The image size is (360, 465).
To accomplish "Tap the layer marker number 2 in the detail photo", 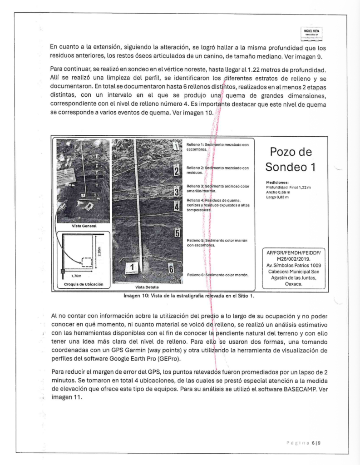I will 175,171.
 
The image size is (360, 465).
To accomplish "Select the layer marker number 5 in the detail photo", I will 177,233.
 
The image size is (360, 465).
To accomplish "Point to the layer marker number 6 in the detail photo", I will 172,268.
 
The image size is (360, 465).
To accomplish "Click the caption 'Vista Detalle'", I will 147,287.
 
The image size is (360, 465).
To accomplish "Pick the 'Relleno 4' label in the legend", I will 196,200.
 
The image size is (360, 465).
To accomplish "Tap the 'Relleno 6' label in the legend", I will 196,275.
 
